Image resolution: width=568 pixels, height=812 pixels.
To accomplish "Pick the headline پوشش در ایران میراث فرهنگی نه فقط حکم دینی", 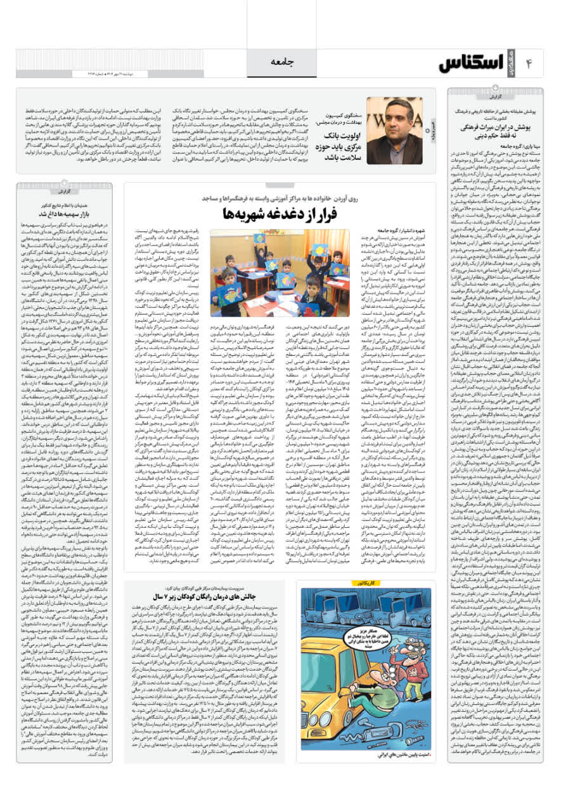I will (488, 133).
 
